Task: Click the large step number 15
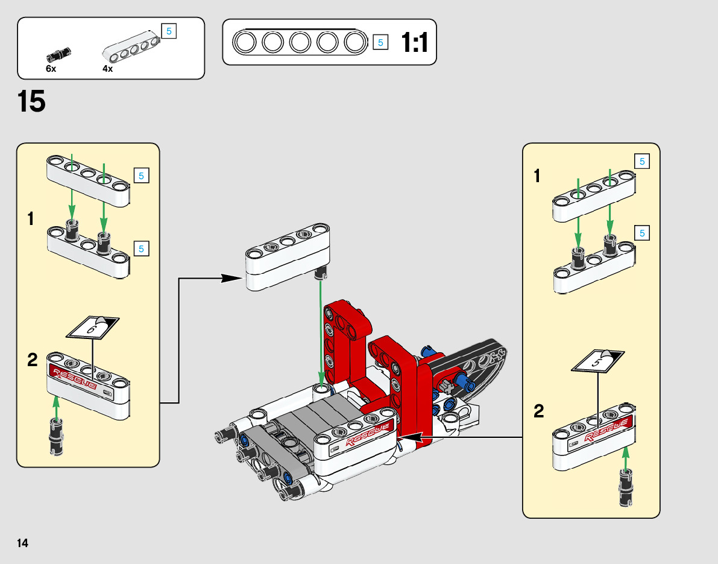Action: [31, 101]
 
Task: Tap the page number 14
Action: [22, 543]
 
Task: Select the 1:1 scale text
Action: [414, 43]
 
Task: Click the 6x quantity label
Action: [51, 69]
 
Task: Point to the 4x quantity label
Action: [107, 69]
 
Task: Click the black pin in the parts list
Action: [59, 55]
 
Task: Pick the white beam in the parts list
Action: [132, 46]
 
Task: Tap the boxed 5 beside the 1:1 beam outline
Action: [380, 42]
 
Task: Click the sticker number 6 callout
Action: [92, 328]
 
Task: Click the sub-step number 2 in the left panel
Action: [33, 360]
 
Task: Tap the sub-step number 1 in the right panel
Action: [537, 177]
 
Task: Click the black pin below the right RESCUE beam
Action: [625, 487]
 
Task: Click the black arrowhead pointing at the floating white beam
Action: [231, 278]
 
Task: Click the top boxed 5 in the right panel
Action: [642, 161]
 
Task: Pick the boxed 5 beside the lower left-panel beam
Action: [141, 248]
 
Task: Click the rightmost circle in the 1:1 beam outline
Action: [355, 42]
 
